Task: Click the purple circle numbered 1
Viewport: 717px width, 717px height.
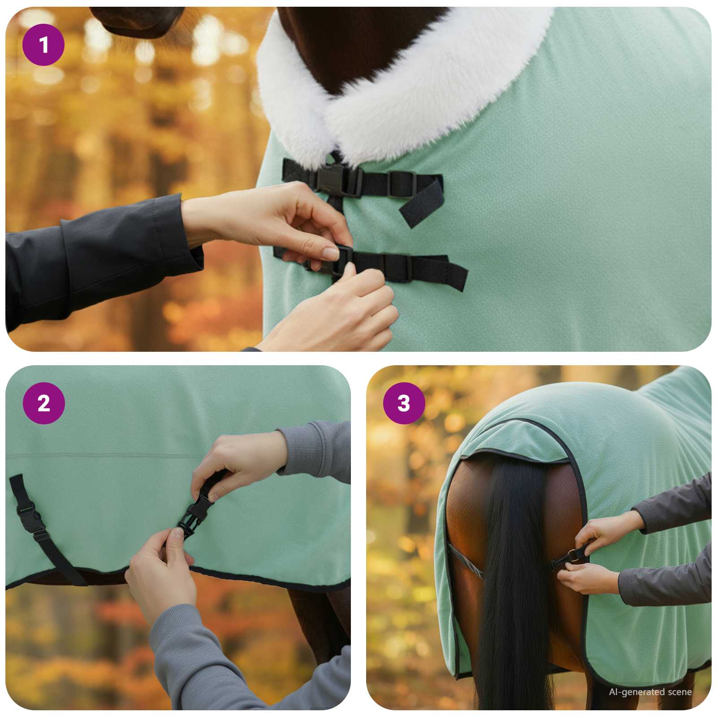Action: point(43,45)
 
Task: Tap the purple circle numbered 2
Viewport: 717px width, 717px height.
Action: point(43,403)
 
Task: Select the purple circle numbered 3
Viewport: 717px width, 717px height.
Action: point(404,403)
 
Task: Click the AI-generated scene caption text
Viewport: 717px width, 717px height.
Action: point(650,692)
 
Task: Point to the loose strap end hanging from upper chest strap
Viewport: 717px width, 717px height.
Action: point(419,204)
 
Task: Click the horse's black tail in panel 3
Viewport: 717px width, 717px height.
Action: point(511,583)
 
